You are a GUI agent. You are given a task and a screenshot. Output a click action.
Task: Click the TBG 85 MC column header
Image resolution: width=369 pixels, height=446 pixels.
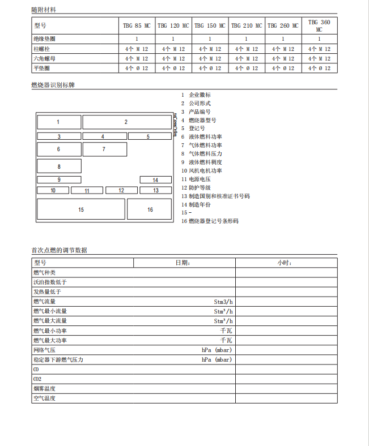tap(137, 25)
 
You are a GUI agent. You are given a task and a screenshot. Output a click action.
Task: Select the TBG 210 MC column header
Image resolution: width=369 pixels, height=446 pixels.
tap(247, 25)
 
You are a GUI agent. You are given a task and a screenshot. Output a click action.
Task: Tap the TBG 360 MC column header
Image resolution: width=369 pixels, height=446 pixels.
tap(319, 25)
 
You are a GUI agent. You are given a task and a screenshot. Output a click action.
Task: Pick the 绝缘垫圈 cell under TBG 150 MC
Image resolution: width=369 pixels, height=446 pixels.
tap(210, 39)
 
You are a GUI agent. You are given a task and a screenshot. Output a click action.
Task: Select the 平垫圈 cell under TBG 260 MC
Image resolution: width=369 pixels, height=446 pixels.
tap(283, 68)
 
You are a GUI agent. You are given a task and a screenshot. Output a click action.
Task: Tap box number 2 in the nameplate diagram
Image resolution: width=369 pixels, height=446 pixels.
tap(126, 122)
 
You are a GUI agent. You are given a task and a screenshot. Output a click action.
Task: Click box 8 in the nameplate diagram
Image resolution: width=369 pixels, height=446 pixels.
tap(59, 166)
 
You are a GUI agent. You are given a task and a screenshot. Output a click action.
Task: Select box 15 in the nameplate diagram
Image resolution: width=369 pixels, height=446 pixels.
tap(81, 209)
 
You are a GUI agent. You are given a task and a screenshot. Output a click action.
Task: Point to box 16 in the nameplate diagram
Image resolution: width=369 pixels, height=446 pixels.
tap(150, 209)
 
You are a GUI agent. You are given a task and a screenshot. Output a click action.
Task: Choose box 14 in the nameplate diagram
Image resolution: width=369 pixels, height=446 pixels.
tap(155, 180)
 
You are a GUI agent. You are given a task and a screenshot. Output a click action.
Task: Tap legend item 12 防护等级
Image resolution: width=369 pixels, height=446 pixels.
tap(199, 187)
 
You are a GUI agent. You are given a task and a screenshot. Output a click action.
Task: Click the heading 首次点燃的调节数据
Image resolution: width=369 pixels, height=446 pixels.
tap(60, 250)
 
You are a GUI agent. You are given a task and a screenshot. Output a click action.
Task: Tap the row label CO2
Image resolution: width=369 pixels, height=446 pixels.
tap(37, 379)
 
